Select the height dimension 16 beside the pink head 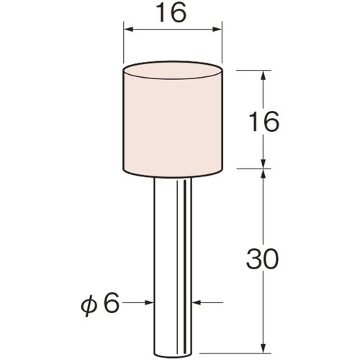tap(264, 122)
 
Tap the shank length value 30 tap(263, 258)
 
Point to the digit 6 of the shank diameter tap(111, 303)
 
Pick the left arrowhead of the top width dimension tap(128, 30)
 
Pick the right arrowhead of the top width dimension tap(217, 30)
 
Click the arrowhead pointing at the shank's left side tap(149, 302)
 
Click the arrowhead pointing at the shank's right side tap(197, 302)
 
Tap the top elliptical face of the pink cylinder tap(173, 71)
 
